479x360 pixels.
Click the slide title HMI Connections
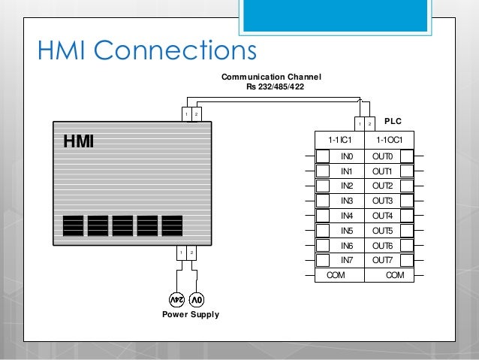(x=146, y=51)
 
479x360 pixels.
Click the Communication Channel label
(x=270, y=77)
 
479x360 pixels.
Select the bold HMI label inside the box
(x=78, y=141)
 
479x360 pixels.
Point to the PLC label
(x=393, y=120)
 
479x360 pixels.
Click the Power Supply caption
(x=191, y=314)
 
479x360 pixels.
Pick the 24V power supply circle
(x=176, y=299)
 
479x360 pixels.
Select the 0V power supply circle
(x=196, y=299)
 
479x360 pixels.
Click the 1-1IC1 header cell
(x=339, y=140)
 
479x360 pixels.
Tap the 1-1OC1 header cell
(x=389, y=140)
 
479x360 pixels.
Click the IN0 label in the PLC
(x=347, y=156)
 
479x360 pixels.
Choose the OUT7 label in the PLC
(x=383, y=260)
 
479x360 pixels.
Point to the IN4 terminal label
(x=347, y=216)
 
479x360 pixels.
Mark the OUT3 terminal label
(x=383, y=201)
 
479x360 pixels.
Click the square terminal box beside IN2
(x=322, y=186)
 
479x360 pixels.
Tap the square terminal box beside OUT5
(x=406, y=230)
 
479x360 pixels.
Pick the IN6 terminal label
(x=347, y=246)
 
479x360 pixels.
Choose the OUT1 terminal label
(x=383, y=171)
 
